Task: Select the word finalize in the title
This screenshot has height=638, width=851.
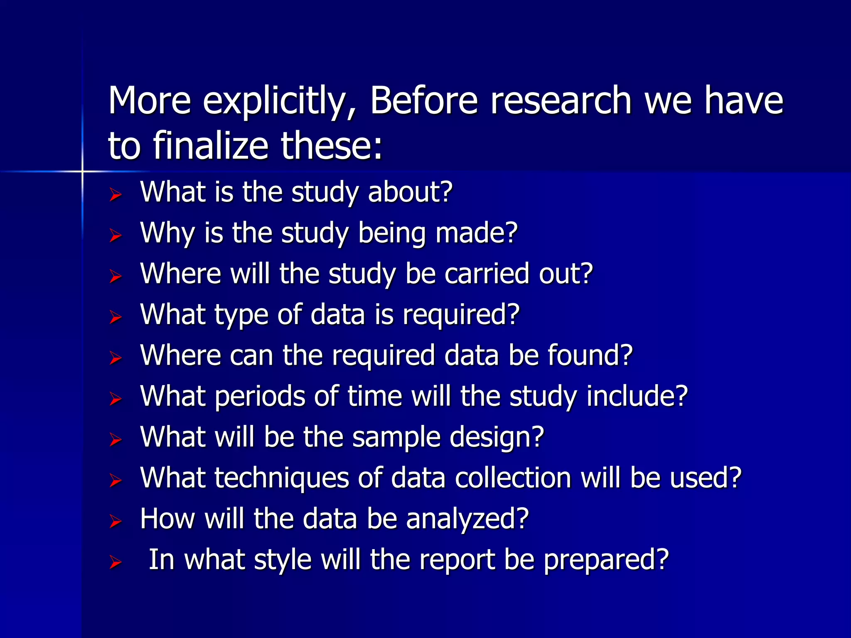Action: (x=210, y=146)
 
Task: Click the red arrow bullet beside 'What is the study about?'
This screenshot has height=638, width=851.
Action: (x=115, y=194)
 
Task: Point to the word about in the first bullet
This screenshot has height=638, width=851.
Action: (x=410, y=192)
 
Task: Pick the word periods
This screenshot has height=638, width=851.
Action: (x=260, y=396)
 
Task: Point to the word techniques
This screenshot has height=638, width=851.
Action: (x=281, y=478)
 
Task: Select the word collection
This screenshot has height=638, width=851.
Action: (x=513, y=478)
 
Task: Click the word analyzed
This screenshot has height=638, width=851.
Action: (x=467, y=519)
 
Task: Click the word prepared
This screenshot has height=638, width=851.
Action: (x=606, y=560)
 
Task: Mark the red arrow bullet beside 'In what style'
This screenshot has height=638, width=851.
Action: (x=115, y=563)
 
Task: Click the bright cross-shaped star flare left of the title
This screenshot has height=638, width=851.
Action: (x=82, y=171)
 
